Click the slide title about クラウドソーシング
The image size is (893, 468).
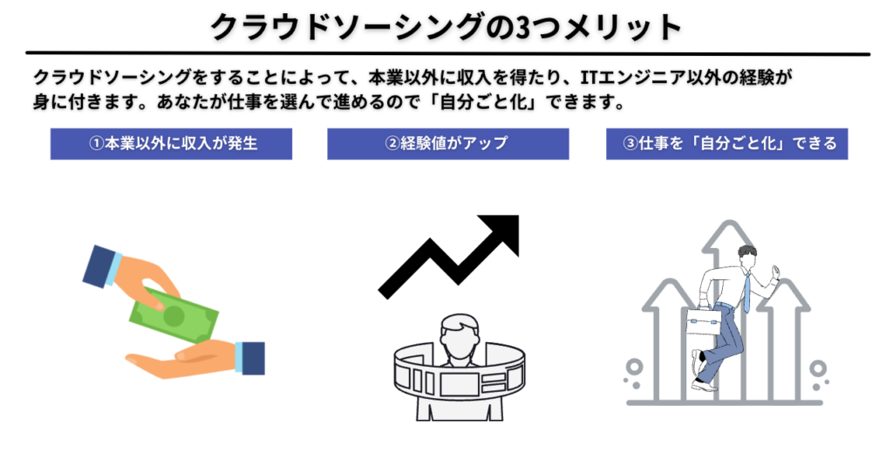point(446,27)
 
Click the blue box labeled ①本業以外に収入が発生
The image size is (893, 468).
point(172,144)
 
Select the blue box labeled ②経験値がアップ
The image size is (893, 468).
point(447,144)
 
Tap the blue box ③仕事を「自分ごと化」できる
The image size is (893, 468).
point(726,144)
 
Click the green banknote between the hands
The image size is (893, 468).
point(174,314)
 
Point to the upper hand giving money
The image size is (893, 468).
point(131,273)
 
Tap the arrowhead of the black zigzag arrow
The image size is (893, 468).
point(503,230)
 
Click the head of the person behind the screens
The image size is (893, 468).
point(458,336)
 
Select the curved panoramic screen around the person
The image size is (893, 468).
point(459,378)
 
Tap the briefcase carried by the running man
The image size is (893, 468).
point(703,323)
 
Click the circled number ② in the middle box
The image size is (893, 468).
point(392,144)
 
